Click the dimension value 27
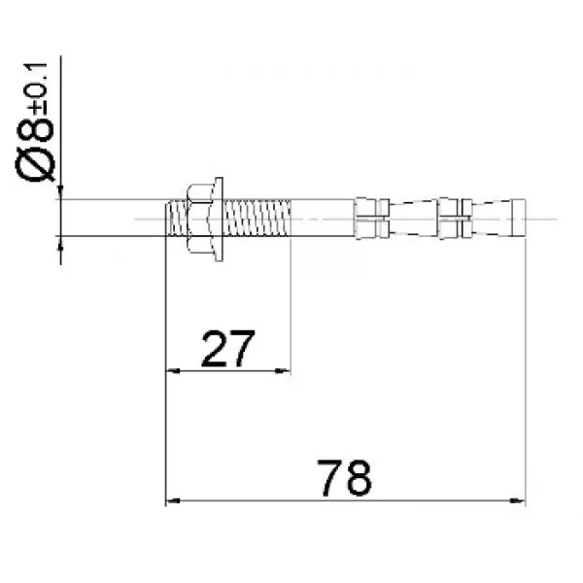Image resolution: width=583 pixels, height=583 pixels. pos(228,349)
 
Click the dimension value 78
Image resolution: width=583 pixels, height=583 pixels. pos(344,478)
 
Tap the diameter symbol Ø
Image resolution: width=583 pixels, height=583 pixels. pos(35,164)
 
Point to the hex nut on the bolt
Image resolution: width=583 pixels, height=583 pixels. pos(200,219)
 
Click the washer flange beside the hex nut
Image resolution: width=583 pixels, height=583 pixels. pos(219,219)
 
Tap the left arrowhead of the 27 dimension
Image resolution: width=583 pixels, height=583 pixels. pos(173,371)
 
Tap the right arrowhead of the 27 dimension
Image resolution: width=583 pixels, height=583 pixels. pos(282,371)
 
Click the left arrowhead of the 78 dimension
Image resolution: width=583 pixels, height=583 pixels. pos(173,500)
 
